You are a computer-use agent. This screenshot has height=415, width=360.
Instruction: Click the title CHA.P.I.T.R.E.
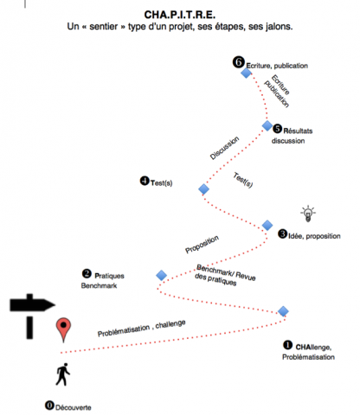[x=179, y=15]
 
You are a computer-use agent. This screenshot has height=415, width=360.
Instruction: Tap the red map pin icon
[x=63, y=329]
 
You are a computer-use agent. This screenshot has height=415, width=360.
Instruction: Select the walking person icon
[x=63, y=374]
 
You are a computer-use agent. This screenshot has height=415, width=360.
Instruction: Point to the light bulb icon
[x=308, y=214]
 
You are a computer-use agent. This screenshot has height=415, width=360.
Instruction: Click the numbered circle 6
[x=239, y=62]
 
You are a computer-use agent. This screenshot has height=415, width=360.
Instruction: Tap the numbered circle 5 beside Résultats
[x=277, y=129]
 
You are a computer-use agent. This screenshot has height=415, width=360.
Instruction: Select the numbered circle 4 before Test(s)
[x=145, y=181]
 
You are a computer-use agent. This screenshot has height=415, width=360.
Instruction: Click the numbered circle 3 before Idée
[x=282, y=233]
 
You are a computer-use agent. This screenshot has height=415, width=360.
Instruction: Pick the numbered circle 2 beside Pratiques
[x=87, y=273]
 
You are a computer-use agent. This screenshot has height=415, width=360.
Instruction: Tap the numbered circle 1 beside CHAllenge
[x=287, y=345]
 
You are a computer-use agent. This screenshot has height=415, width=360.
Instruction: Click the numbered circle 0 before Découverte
[x=49, y=405]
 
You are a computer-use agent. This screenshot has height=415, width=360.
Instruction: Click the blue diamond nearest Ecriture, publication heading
[x=246, y=73]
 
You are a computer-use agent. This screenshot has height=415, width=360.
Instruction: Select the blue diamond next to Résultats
[x=267, y=125]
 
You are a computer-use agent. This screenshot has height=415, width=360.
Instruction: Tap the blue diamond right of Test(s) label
[x=203, y=189]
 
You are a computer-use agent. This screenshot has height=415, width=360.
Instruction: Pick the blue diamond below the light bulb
[x=267, y=225]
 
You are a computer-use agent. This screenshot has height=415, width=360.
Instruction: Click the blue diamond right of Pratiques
[x=162, y=275]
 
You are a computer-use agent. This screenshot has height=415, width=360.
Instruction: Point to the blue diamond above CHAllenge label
[x=283, y=311]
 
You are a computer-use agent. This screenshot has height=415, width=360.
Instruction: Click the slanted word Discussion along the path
[x=224, y=148]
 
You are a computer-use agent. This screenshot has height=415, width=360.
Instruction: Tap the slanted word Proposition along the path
[x=202, y=245]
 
